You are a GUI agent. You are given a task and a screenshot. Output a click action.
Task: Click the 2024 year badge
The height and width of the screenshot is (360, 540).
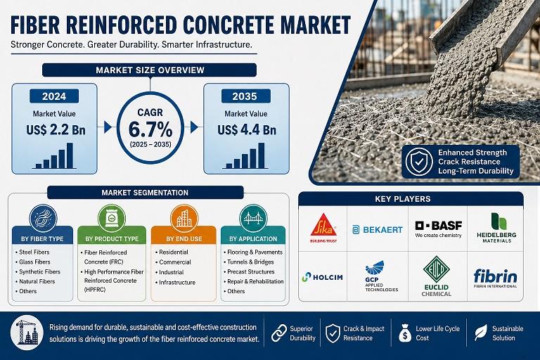point(54,96)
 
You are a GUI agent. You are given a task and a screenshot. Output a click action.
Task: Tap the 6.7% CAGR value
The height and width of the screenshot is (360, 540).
point(150,130)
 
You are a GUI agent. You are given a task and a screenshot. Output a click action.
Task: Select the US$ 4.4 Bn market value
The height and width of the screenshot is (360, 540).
point(247,130)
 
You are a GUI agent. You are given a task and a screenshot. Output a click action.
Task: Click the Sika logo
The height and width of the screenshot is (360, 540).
point(323,227)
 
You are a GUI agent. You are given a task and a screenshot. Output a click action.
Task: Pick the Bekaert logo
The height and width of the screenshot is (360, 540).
point(378,230)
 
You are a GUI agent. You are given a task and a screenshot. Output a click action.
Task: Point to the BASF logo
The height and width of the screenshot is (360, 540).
point(438,229)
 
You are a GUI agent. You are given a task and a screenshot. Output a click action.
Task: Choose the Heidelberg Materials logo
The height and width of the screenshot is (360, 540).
point(496,228)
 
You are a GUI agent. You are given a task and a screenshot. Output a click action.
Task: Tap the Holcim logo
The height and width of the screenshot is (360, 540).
point(322,277)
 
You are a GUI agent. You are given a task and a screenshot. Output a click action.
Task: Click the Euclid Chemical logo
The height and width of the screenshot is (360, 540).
point(436,276)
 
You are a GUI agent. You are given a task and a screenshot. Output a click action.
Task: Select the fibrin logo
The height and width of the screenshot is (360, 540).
point(495,278)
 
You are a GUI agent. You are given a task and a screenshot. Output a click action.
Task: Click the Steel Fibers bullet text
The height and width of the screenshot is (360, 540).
point(34,252)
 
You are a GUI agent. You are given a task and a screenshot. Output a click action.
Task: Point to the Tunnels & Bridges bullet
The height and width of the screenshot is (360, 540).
point(250,262)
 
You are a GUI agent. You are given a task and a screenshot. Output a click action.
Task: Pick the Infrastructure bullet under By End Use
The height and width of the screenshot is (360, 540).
point(177,283)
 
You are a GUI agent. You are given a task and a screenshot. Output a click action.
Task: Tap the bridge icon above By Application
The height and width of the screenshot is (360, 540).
point(253,219)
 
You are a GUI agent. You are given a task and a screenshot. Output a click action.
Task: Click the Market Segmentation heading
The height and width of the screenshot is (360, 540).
point(145,193)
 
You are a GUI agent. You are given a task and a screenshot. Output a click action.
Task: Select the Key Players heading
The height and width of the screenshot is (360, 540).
point(403,199)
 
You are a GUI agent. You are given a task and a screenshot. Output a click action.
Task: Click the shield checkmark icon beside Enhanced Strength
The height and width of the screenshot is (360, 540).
point(418,162)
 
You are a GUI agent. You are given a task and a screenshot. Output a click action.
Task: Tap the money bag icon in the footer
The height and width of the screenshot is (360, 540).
point(405,333)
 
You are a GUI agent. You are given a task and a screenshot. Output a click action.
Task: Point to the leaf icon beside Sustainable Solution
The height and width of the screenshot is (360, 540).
point(480,333)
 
